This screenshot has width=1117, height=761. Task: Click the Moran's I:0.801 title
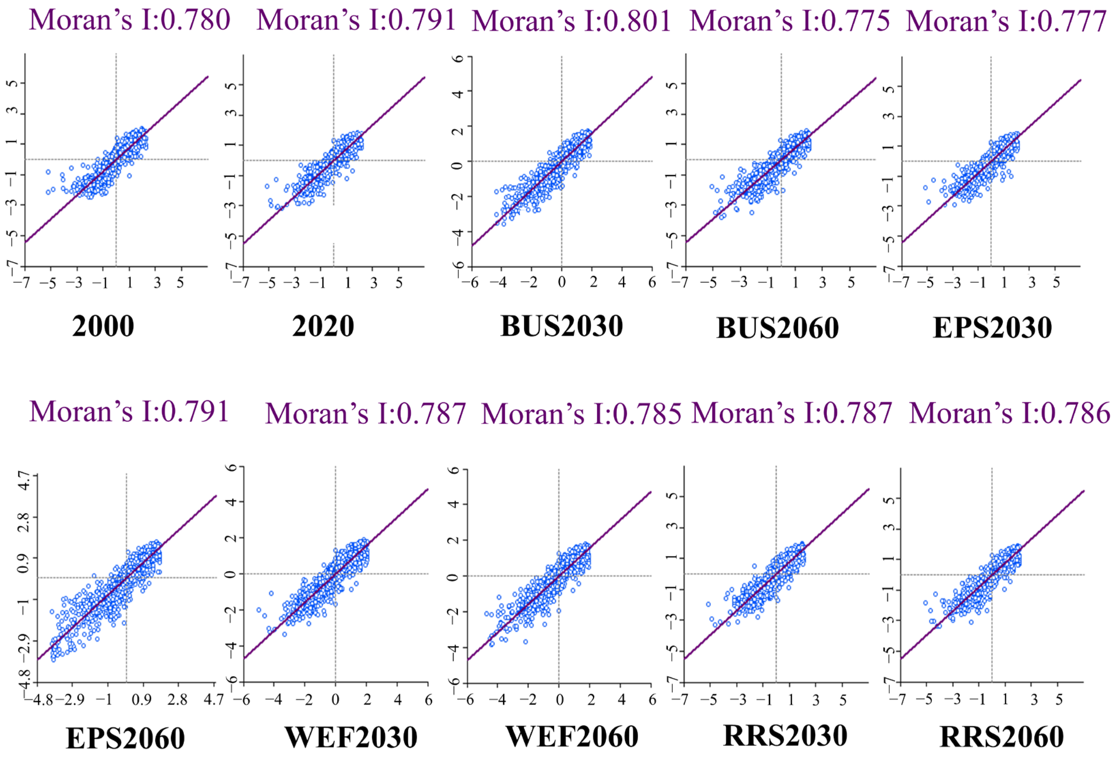pyautogui.click(x=571, y=21)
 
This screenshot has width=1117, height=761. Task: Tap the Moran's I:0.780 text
pyautogui.click(x=129, y=20)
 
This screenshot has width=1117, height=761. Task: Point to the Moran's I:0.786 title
pyautogui.click(x=1009, y=413)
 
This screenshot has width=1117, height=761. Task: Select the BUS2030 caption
pyautogui.click(x=561, y=326)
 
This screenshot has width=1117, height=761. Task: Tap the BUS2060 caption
pyautogui.click(x=777, y=328)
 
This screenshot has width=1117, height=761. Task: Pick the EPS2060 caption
pyautogui.click(x=125, y=738)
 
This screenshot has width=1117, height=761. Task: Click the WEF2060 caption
pyautogui.click(x=572, y=736)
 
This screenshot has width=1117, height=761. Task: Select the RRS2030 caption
pyautogui.click(x=785, y=735)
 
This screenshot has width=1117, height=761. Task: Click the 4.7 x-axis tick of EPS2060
pyautogui.click(x=214, y=699)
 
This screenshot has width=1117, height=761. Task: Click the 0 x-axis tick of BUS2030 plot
pyautogui.click(x=561, y=282)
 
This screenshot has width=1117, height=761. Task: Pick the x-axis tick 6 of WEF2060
pyautogui.click(x=652, y=700)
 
